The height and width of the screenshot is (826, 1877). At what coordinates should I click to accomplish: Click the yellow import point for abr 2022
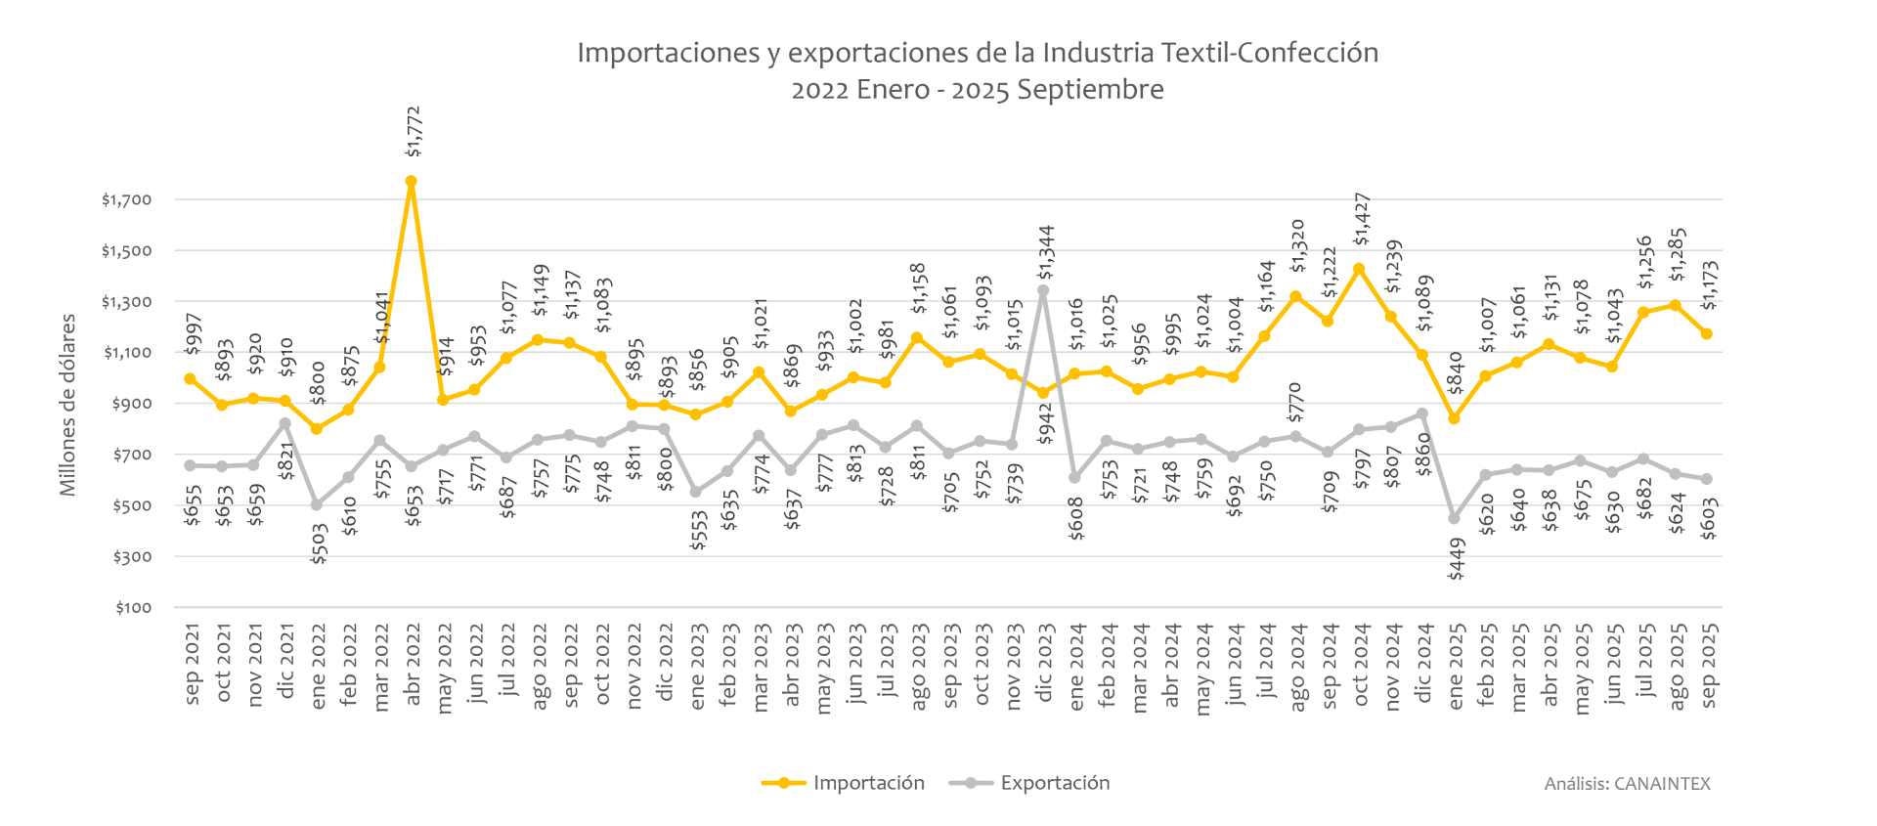(x=412, y=182)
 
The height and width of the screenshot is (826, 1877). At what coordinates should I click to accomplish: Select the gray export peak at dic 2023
(x=1043, y=290)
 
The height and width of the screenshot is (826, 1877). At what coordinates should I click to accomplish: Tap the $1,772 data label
(x=414, y=132)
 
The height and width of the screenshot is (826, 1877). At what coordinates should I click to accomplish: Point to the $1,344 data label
(x=1046, y=251)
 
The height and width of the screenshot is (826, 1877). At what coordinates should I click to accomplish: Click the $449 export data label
(x=1456, y=559)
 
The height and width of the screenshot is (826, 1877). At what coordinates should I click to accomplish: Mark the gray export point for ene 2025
(x=1454, y=518)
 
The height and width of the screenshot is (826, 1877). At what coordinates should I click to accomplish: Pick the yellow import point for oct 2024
(x=1359, y=269)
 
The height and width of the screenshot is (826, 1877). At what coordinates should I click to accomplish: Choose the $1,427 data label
(x=1362, y=220)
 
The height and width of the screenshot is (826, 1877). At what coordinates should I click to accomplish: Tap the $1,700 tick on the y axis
(x=127, y=200)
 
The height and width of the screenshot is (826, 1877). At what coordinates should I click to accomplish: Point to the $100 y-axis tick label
(x=133, y=608)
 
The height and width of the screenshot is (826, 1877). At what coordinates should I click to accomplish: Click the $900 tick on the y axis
(x=133, y=404)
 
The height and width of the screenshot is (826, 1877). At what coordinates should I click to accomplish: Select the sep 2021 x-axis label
(x=192, y=665)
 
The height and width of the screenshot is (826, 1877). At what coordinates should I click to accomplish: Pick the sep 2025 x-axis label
(x=1709, y=665)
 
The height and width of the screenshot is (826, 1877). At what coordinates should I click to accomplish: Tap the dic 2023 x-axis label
(x=1044, y=665)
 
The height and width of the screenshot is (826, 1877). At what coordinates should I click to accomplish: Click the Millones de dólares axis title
(x=67, y=405)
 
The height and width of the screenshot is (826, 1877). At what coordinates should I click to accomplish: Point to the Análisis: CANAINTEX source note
(x=1627, y=784)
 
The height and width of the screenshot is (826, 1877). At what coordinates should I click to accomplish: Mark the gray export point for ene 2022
(x=317, y=504)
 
